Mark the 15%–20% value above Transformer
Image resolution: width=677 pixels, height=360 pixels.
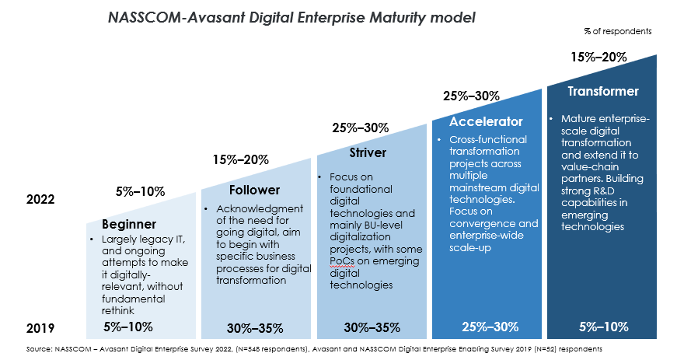click(x=598, y=57)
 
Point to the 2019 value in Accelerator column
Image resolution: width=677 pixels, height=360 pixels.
click(x=490, y=327)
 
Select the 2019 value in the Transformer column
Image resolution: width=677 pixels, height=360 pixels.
click(x=603, y=327)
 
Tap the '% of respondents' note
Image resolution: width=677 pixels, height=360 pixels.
click(x=618, y=31)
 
